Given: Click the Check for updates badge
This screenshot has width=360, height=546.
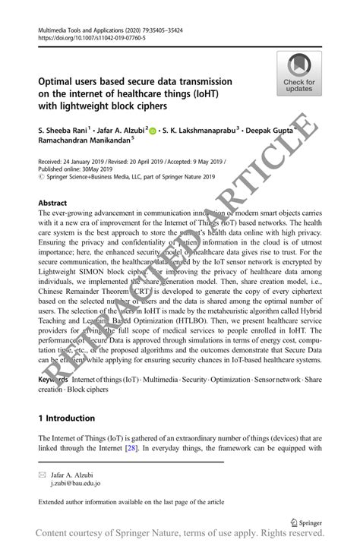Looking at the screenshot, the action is [299, 73].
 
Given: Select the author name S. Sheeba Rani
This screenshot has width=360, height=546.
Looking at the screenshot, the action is [63, 131].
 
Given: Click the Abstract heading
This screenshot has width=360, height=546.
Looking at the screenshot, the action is [52, 204].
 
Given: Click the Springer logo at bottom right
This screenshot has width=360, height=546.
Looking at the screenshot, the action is [308, 522].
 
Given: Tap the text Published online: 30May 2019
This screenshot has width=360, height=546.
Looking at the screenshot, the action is [84, 169].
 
